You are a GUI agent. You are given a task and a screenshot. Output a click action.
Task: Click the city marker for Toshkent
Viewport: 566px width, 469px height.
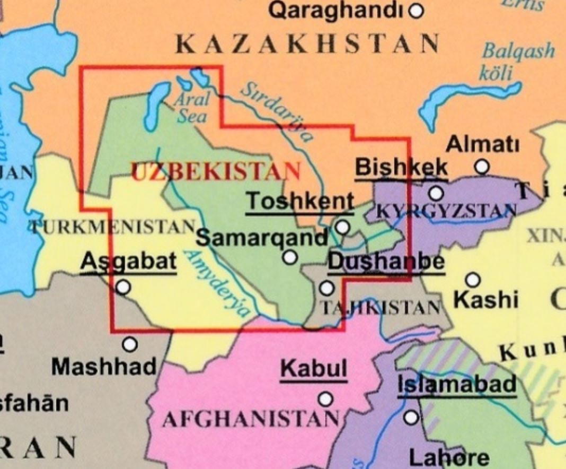point(343,228)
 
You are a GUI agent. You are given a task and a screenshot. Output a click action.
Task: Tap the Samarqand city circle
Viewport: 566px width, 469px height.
point(290,258)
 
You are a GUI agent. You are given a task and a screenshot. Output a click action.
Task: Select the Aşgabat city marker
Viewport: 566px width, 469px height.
point(123,287)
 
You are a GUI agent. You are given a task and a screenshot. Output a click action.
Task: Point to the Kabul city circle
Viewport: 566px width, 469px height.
point(325,399)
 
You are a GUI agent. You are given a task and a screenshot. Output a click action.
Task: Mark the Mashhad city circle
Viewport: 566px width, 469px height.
point(129,344)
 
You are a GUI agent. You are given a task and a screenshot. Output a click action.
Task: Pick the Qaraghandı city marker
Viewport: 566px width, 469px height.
point(417,11)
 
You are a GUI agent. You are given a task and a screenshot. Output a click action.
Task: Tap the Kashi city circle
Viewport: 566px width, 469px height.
point(472,280)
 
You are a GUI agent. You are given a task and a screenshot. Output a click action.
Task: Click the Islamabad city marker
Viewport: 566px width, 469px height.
point(411,418)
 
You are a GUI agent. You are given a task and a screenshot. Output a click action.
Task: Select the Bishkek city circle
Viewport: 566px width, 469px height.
point(436,193)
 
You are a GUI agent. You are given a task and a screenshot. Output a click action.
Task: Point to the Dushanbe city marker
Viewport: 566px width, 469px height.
point(327,288)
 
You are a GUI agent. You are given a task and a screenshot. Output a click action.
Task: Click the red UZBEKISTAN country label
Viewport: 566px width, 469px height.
point(216,171)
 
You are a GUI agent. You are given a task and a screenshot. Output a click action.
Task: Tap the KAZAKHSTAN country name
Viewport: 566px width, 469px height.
point(307,44)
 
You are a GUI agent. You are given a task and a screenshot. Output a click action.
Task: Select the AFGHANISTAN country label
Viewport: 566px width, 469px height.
point(250,420)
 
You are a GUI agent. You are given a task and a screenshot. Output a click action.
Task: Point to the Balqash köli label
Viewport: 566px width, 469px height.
point(517,61)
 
